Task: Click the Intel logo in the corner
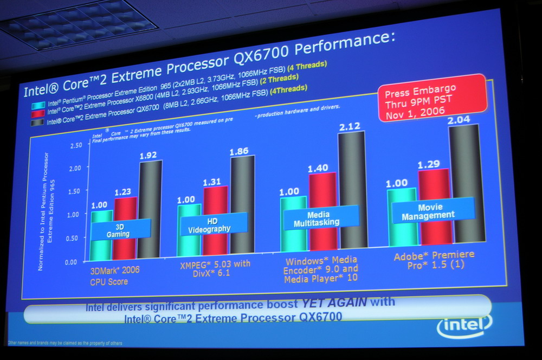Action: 464,325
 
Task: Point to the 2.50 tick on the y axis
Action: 76,145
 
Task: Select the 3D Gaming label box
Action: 120,230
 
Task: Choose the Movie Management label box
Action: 432,210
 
